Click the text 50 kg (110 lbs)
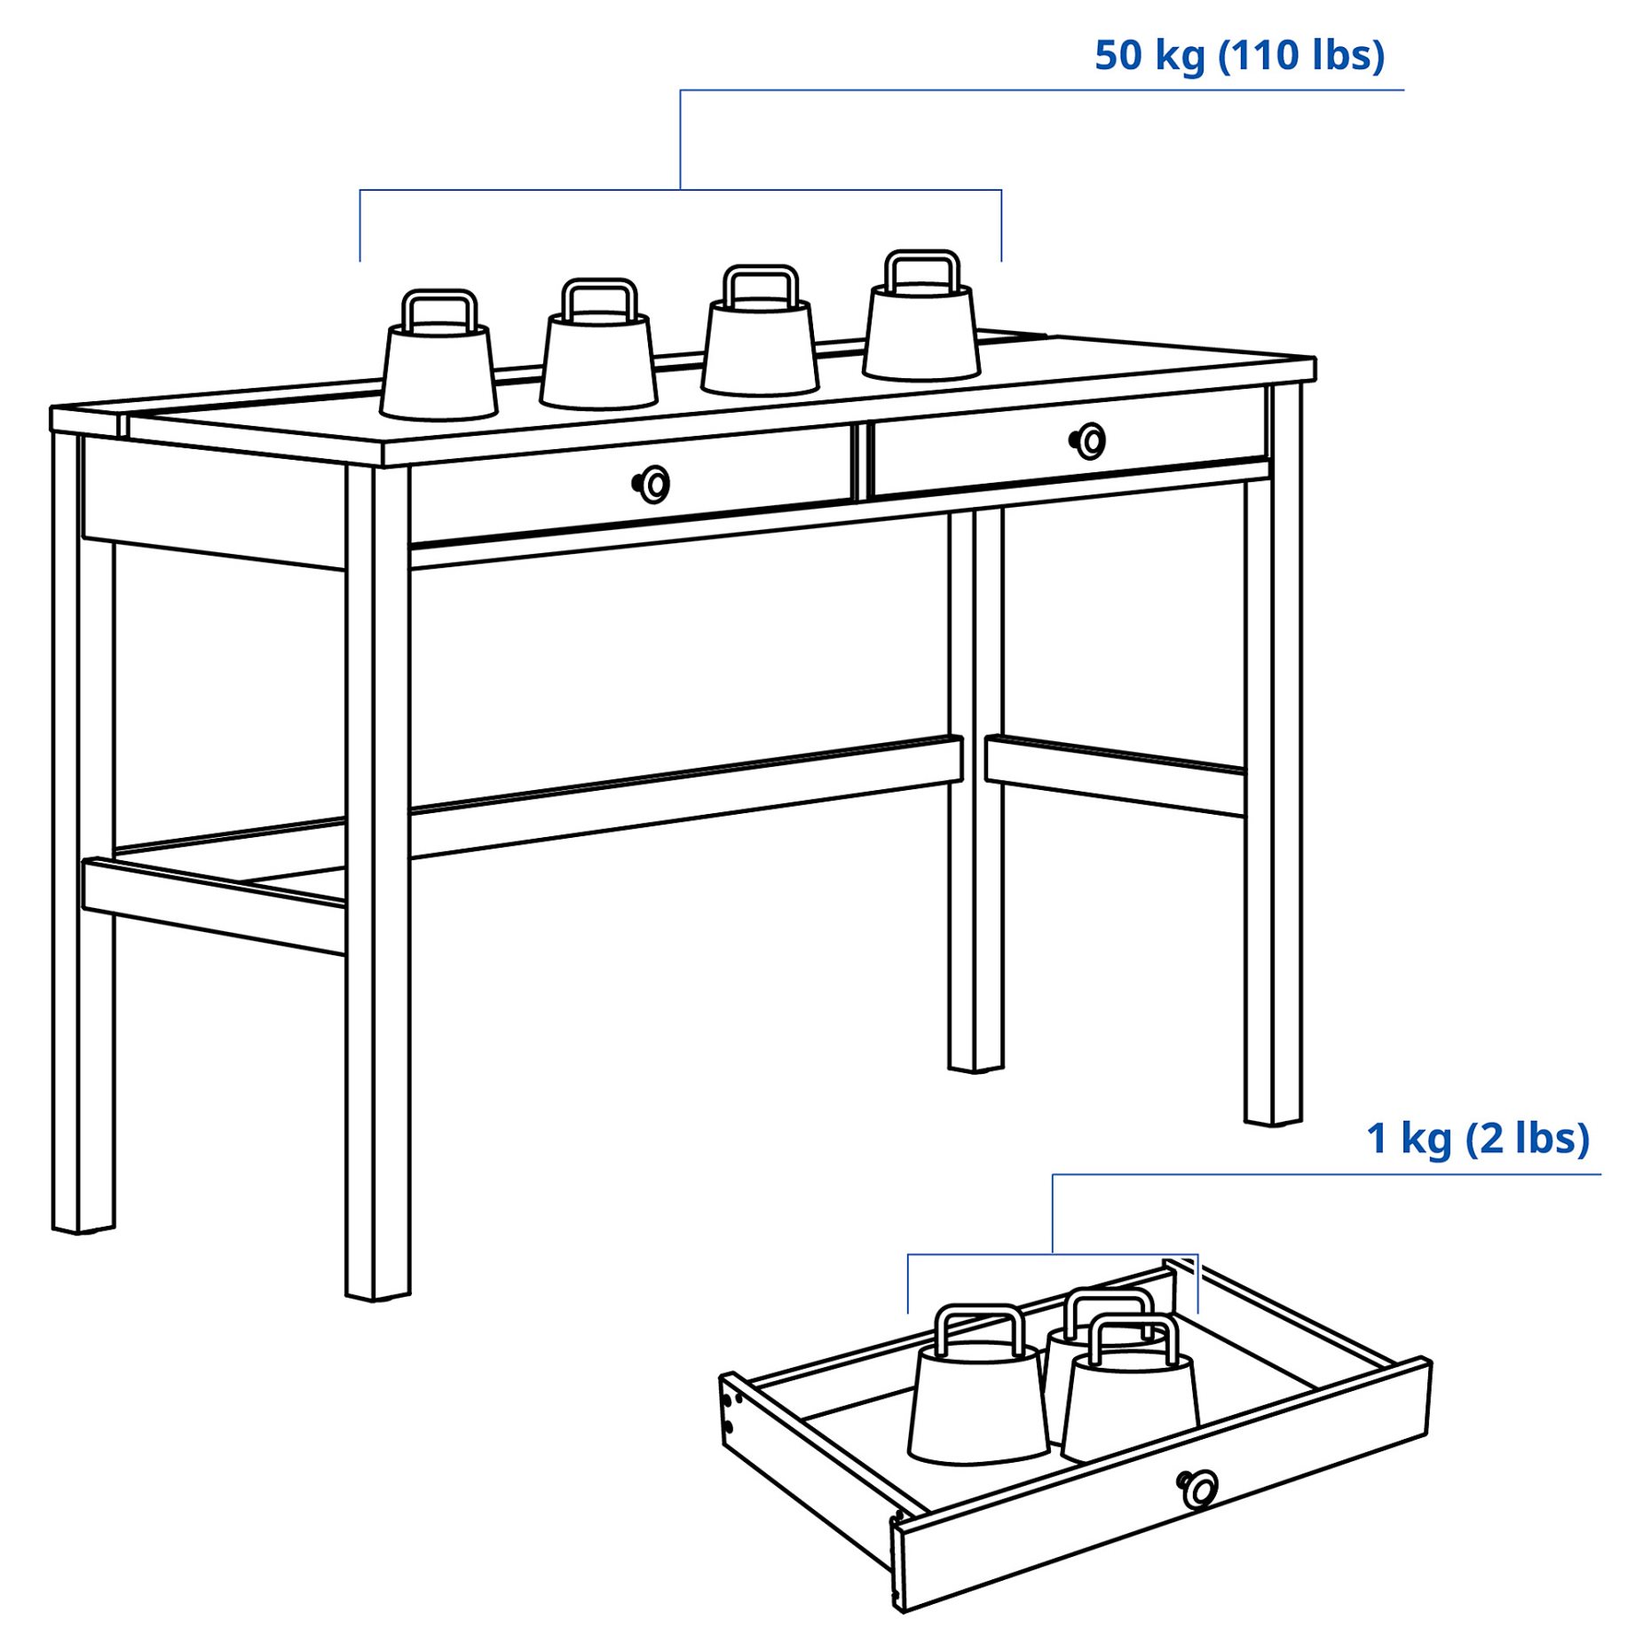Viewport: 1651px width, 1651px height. pyautogui.click(x=1238, y=56)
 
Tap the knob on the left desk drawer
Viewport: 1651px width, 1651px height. pyautogui.click(x=654, y=485)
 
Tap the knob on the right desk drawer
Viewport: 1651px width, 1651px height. pyautogui.click(x=1090, y=441)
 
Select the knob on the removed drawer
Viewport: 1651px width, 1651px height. pyautogui.click(x=1198, y=1489)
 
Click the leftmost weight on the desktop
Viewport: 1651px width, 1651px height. pyautogui.click(x=438, y=373)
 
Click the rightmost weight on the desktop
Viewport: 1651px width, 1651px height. pyautogui.click(x=921, y=334)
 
